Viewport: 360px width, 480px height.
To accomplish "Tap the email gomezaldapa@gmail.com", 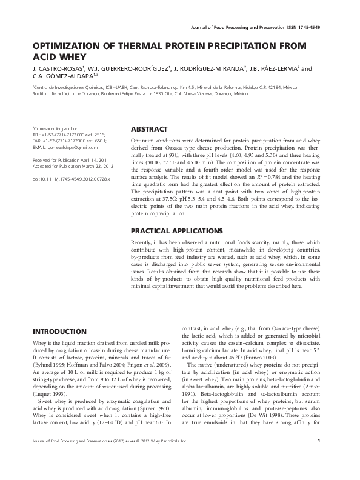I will (65, 147).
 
